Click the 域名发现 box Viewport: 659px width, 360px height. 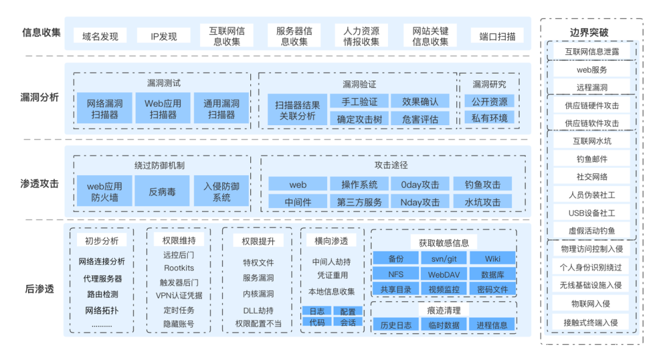[100, 36]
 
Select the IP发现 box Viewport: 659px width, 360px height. [164, 36]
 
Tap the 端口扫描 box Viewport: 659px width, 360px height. [497, 36]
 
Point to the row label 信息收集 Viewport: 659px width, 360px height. [41, 32]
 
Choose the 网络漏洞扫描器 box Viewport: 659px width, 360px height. [104, 109]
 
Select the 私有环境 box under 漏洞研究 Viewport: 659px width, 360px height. [489, 118]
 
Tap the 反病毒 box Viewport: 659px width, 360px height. [162, 191]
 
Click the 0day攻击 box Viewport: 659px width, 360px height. [420, 184]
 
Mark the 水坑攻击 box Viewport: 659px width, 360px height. [482, 202]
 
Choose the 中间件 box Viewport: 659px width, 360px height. [298, 202]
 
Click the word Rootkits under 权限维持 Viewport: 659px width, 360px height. [179, 268]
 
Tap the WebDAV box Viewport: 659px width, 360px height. [444, 275]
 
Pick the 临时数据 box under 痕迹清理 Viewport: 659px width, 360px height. [444, 325]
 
